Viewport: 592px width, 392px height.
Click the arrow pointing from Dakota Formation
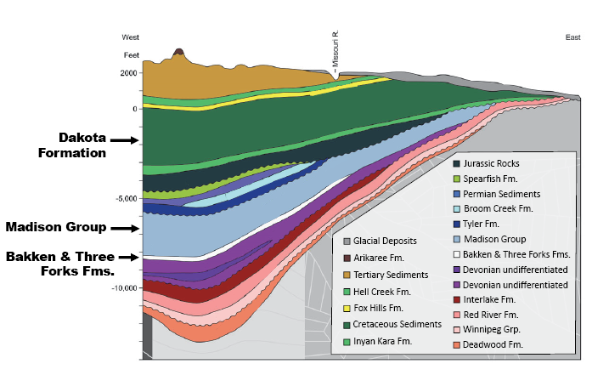point(123,139)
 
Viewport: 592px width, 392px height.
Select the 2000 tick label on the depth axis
point(128,73)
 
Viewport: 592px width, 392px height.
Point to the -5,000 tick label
point(124,199)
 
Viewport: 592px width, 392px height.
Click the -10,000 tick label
point(122,288)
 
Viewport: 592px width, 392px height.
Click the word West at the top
point(131,37)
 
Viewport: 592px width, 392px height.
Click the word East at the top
point(573,37)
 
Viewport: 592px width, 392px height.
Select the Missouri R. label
point(335,52)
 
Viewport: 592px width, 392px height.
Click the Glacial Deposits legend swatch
point(347,241)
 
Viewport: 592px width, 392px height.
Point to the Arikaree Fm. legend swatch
point(347,258)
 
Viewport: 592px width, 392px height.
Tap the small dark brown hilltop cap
point(178,53)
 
